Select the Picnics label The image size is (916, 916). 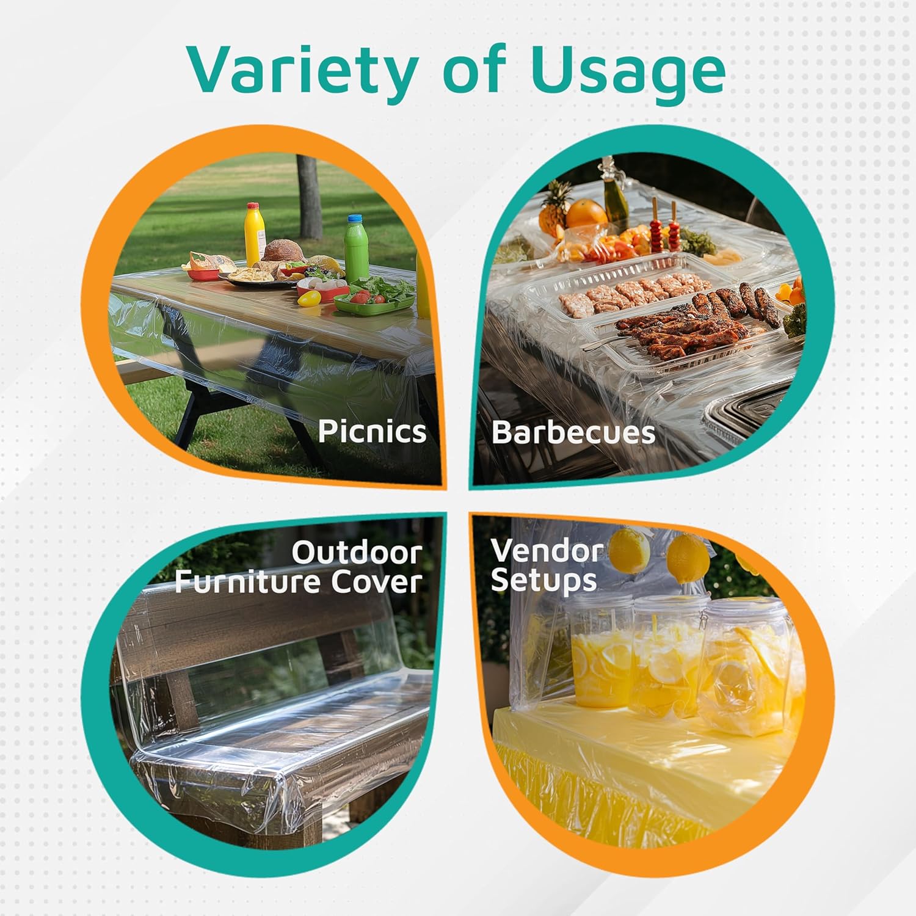pyautogui.click(x=372, y=432)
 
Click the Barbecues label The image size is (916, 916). pyautogui.click(x=573, y=432)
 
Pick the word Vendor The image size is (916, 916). pyautogui.click(x=547, y=550)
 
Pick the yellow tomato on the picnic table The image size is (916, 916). pyautogui.click(x=309, y=299)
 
